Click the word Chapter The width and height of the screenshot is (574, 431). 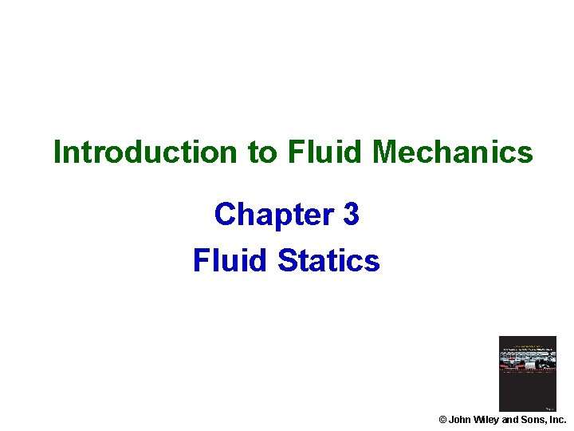click(x=265, y=215)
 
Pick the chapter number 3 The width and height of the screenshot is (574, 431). click(x=351, y=215)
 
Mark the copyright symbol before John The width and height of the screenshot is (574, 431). click(x=443, y=420)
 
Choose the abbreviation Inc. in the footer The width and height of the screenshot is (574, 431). click(x=556, y=420)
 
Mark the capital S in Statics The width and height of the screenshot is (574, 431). click(x=288, y=261)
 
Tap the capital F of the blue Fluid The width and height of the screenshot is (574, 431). click(x=200, y=261)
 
